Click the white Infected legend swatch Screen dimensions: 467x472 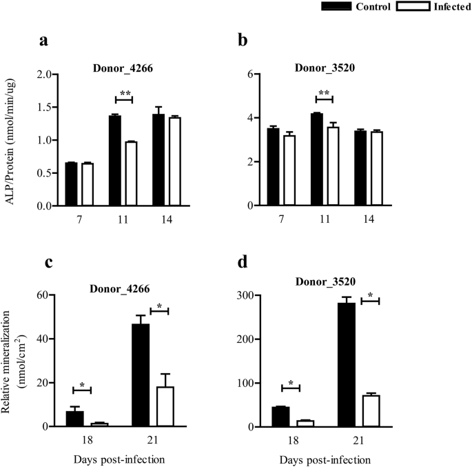[x=412, y=7]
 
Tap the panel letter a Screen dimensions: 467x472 [x=43, y=41]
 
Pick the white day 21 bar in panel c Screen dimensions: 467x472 [x=165, y=406]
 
